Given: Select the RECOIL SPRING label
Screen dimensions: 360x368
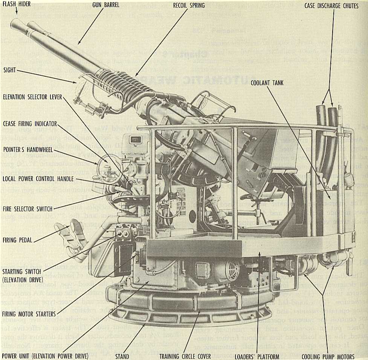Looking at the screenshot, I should pos(189,5).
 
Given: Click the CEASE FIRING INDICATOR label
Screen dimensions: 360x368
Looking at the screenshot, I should pos(29,124).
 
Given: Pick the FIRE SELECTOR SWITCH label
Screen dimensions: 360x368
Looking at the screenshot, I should pos(27,208).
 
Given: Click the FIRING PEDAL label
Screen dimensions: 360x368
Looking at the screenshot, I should pos(17,239).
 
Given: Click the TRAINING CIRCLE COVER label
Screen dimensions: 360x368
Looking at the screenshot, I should pos(185,356).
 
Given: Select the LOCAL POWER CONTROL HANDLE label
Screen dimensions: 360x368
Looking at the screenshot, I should pos(37,179).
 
